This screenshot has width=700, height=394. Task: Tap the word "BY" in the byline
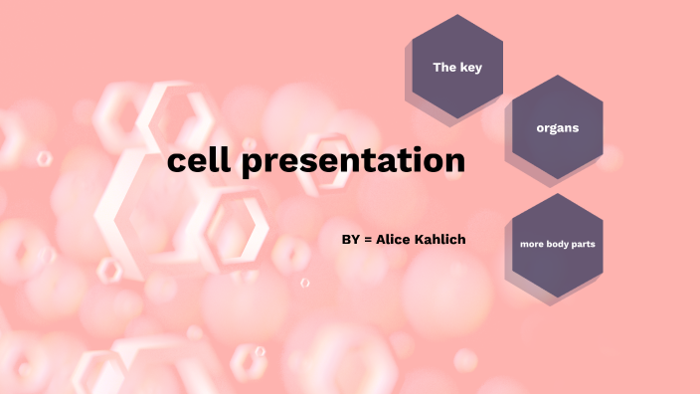(x=350, y=241)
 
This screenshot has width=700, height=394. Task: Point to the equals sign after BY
(x=368, y=241)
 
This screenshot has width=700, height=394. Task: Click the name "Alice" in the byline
(x=394, y=241)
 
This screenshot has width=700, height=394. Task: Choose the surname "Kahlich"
(x=441, y=241)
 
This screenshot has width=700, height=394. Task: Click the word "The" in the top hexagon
(x=443, y=68)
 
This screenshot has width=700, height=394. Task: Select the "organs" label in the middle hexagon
(x=557, y=128)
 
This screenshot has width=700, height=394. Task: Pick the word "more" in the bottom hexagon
(x=532, y=244)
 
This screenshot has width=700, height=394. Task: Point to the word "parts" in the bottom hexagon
(x=584, y=244)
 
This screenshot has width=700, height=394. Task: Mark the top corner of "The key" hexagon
(x=457, y=15)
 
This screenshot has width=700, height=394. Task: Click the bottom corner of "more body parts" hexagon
(x=557, y=296)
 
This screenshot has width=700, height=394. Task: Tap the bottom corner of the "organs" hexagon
(x=557, y=180)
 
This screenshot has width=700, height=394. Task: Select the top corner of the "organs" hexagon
(x=557, y=76)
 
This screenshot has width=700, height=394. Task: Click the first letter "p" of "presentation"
(x=252, y=164)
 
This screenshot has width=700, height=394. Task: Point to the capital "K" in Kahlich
(x=422, y=241)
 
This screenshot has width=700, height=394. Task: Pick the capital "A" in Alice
(x=381, y=241)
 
